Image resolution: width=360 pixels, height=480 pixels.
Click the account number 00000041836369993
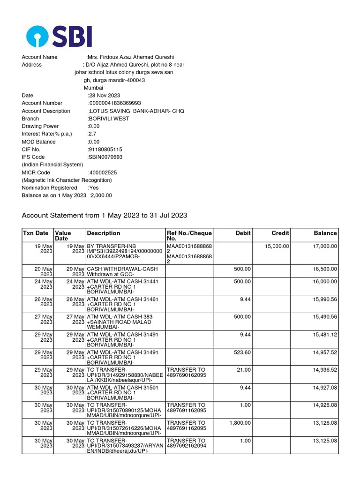click(x=115, y=103)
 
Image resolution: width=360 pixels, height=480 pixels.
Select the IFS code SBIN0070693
click(x=105, y=157)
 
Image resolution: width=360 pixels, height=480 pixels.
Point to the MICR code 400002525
click(x=103, y=172)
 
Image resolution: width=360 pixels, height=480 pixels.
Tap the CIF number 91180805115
click(x=105, y=150)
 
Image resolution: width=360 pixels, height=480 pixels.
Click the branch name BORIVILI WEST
click(x=109, y=119)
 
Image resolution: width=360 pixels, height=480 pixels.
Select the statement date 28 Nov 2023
click(x=105, y=96)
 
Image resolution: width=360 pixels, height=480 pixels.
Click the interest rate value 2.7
click(x=92, y=134)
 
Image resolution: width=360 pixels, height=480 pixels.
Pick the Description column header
click(x=104, y=233)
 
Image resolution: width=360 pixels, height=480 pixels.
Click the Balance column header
click(x=325, y=233)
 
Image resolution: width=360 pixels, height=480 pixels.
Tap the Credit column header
click(x=280, y=233)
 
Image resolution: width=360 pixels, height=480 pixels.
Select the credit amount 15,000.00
click(x=277, y=246)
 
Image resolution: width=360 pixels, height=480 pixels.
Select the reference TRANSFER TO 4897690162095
click(x=186, y=373)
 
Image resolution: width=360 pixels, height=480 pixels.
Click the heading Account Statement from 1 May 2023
click(x=105, y=216)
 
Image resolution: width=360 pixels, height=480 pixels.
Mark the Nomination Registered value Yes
click(x=94, y=188)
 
